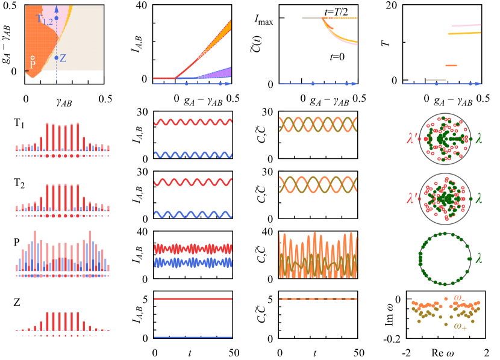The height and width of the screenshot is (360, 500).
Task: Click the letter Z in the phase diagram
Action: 63,58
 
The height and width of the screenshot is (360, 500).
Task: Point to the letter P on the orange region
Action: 33,64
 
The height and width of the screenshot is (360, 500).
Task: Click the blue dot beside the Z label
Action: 56,58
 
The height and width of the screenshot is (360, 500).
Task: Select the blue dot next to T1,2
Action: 56,18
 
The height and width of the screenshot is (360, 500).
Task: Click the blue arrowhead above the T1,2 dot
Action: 56,9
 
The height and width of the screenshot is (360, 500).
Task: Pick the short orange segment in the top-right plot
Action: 451,65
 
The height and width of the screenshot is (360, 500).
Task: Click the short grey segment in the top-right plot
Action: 436,79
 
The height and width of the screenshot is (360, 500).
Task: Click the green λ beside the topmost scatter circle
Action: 479,138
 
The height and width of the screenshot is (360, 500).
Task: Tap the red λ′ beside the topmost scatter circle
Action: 412,137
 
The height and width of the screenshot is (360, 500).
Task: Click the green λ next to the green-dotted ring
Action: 479,258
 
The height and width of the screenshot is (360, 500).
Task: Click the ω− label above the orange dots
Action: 459,297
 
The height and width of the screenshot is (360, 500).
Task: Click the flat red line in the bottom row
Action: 193,299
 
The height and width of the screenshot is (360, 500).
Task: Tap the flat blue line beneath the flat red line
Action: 193,337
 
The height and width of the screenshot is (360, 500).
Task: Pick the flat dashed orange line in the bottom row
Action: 318,299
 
